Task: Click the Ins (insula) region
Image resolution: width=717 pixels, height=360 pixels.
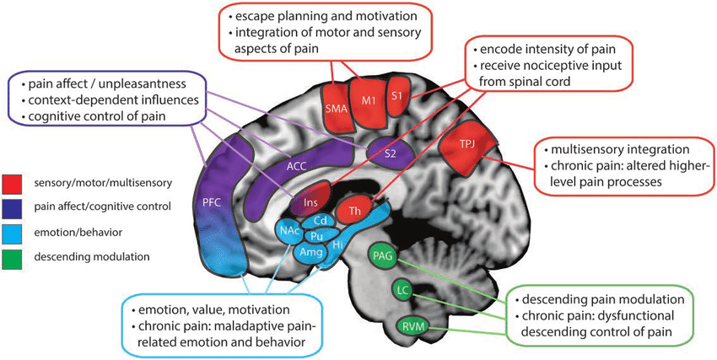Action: pyautogui.click(x=299, y=203)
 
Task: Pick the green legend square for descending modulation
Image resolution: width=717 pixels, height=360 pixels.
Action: pyautogui.click(x=13, y=256)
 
